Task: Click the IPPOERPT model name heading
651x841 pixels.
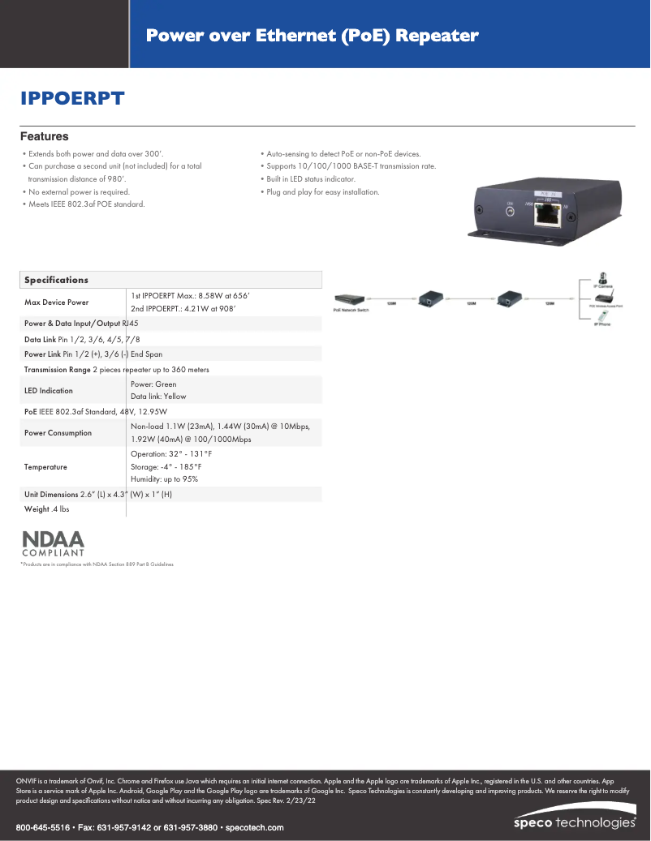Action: point(72,99)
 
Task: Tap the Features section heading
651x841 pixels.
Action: point(44,137)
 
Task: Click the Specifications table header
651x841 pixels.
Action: point(56,280)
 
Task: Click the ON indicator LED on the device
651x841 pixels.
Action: point(510,212)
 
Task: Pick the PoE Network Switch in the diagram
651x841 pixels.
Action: point(351,299)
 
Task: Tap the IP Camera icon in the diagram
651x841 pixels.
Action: point(603,279)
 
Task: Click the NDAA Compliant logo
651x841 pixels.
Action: point(52,543)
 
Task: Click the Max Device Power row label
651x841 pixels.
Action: point(56,303)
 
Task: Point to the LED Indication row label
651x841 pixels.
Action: point(48,391)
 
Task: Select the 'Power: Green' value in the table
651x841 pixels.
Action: point(153,384)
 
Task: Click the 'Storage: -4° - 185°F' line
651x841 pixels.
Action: point(166,466)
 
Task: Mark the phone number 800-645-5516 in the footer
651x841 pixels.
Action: point(43,828)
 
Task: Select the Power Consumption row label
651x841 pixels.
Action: point(58,433)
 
